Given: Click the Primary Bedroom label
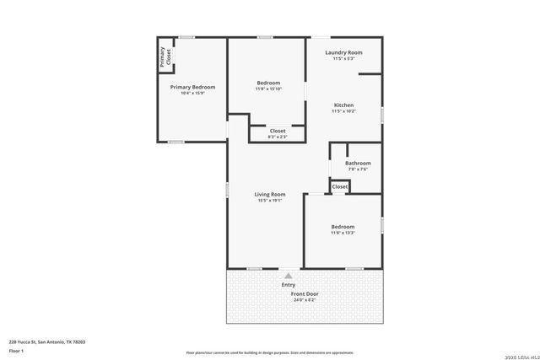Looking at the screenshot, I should coord(192,87).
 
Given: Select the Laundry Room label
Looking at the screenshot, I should coord(344,52).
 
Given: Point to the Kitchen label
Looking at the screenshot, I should coord(343,105).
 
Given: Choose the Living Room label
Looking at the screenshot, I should coord(270,195).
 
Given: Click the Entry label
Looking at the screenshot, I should coord(289,285).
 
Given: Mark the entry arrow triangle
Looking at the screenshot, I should coord(289,275).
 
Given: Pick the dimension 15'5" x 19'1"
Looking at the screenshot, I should coord(270,201).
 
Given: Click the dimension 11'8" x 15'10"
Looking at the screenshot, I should coord(269,89).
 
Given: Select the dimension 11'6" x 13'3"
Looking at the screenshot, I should coord(343,233).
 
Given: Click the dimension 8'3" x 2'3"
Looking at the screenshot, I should coord(278,137).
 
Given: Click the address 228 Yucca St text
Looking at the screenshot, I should coord(47,341).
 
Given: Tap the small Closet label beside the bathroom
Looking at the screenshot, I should coord(339,186).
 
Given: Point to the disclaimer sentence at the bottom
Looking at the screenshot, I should coord(270,352).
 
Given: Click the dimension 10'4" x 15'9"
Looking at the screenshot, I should coord(192,93).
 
